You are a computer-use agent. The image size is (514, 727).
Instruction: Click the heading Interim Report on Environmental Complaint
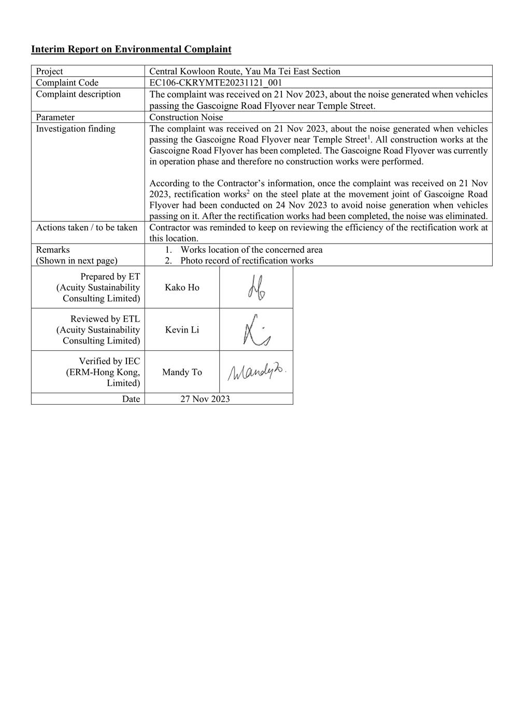131,49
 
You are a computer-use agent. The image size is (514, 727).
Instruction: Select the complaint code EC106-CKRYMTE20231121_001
216,83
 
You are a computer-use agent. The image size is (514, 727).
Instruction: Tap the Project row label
49,72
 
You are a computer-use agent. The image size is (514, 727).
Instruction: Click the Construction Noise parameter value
186,117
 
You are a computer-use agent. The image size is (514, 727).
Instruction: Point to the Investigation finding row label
76,129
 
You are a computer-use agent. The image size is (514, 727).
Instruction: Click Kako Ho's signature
256,288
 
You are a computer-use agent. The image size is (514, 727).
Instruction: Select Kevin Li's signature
256,330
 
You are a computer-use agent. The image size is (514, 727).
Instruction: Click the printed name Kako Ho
182,288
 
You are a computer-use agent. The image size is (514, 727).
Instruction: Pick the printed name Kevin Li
182,330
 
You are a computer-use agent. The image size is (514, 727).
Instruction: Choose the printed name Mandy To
182,372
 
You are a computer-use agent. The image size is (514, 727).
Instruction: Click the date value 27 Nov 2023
205,399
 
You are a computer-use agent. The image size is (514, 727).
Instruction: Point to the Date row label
131,399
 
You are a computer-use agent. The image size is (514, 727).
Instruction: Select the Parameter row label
55,117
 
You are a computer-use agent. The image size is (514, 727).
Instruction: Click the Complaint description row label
78,94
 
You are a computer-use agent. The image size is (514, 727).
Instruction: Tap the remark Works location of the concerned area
251,250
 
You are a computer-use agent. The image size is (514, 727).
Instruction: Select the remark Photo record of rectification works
247,261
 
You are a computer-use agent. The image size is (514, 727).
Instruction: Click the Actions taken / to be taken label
87,227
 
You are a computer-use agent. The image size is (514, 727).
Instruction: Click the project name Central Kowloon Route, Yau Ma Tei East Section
245,72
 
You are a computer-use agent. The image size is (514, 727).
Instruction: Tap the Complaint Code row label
67,83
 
